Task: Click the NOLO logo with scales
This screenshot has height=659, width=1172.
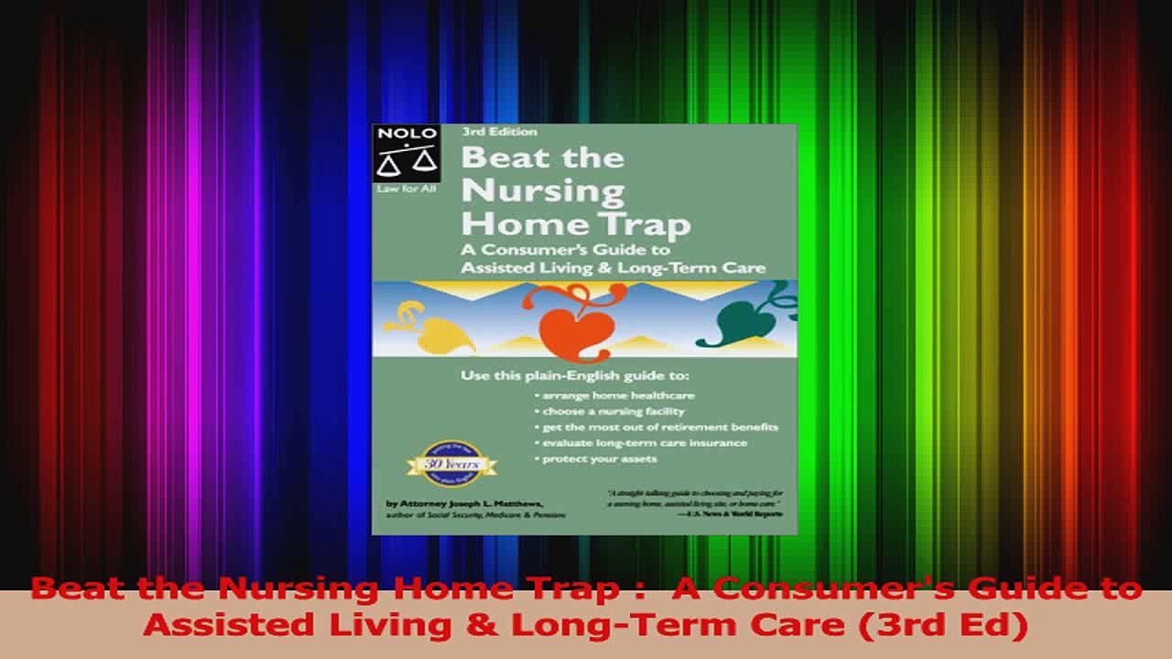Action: (406, 154)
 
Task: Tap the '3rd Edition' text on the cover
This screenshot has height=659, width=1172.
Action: (499, 132)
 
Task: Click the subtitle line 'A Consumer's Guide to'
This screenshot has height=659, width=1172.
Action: (565, 250)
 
